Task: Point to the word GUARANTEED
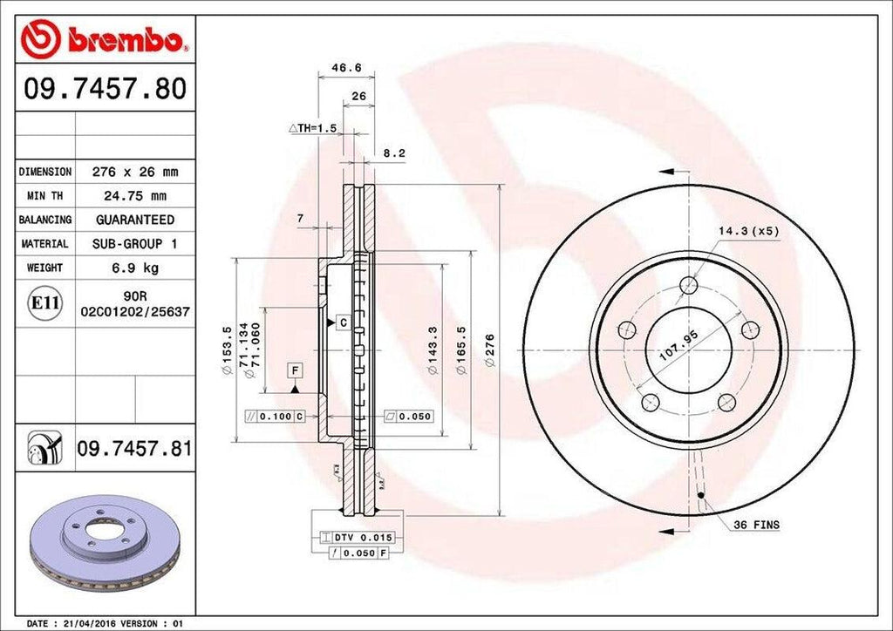(134, 220)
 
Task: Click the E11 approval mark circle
(45, 303)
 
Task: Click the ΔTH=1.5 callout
(312, 128)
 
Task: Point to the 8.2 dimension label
(395, 153)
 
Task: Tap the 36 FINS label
(756, 525)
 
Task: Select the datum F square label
(297, 370)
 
